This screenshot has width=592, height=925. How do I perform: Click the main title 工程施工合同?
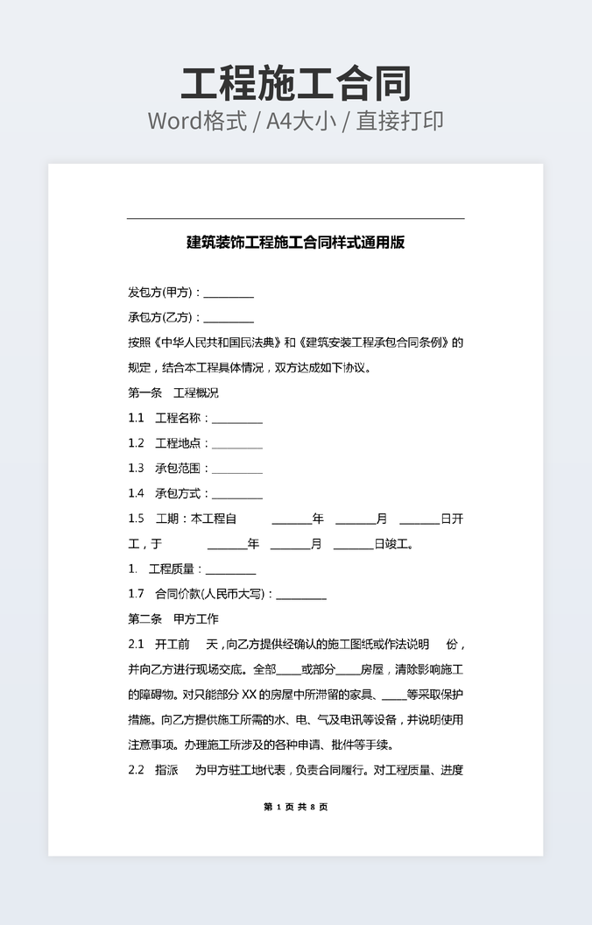[x=296, y=84]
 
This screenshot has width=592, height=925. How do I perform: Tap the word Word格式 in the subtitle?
[x=197, y=121]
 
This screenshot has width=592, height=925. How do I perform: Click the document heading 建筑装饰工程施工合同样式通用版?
[x=296, y=243]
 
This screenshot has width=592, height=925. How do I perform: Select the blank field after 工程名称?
[x=237, y=420]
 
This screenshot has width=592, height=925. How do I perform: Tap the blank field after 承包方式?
[x=237, y=495]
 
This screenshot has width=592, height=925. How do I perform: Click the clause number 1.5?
[x=136, y=519]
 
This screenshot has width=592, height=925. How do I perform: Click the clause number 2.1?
[x=136, y=645]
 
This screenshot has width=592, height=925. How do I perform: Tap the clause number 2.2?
[x=136, y=771]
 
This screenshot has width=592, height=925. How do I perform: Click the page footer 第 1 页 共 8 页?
[x=296, y=807]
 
